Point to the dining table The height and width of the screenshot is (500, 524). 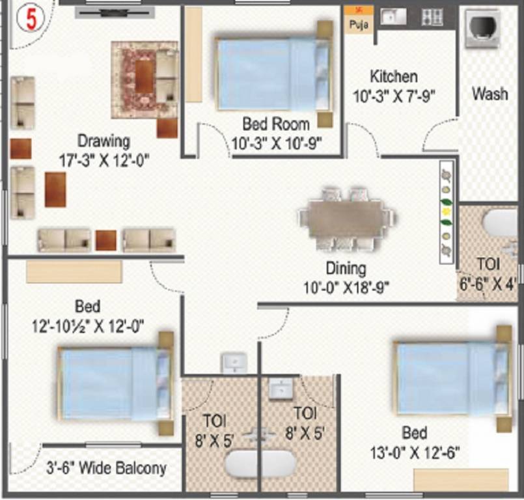[x=346, y=218]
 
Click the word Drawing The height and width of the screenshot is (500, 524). [x=103, y=140]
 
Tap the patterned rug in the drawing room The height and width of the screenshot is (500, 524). [x=144, y=79]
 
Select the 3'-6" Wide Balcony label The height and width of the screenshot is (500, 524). [x=106, y=467]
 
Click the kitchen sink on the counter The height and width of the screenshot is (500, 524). [x=392, y=17]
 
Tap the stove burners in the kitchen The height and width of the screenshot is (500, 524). [x=432, y=17]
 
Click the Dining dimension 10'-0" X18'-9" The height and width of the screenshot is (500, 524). [x=346, y=287]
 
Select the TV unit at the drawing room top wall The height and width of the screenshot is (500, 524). [x=115, y=10]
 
